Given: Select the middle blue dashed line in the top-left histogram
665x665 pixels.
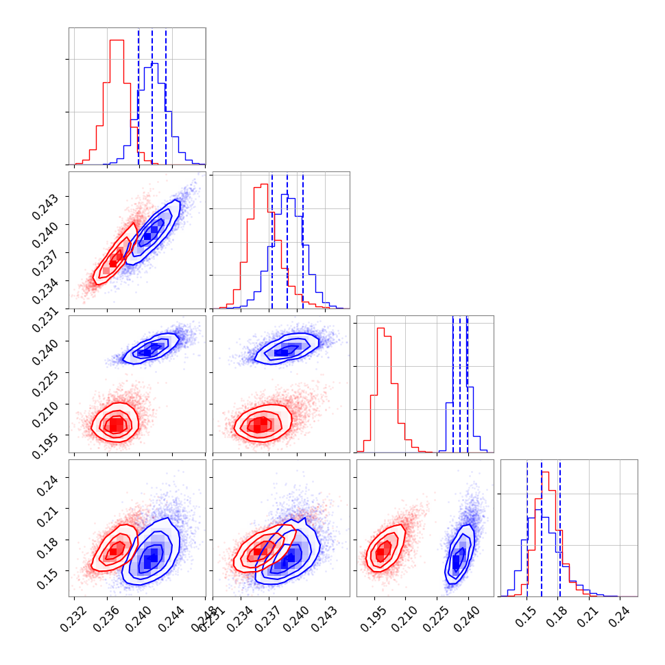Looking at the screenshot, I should coord(152,96).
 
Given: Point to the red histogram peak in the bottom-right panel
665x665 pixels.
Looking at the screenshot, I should coord(545,472).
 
